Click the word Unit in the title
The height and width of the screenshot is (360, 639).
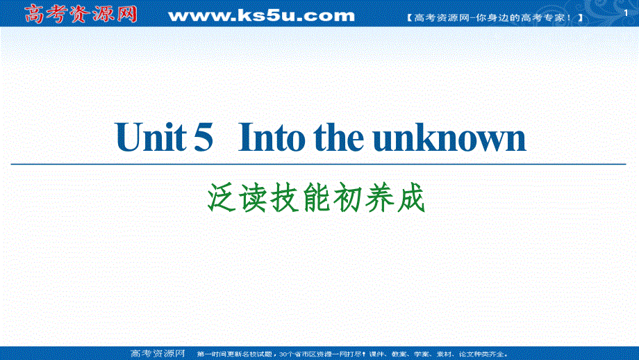click(151, 138)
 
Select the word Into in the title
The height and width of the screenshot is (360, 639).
click(270, 138)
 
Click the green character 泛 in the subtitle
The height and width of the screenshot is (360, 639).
click(222, 199)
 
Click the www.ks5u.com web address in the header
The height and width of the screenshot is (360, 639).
click(261, 15)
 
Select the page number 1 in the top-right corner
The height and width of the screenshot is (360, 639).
click(627, 6)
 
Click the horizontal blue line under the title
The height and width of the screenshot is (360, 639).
click(319, 164)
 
